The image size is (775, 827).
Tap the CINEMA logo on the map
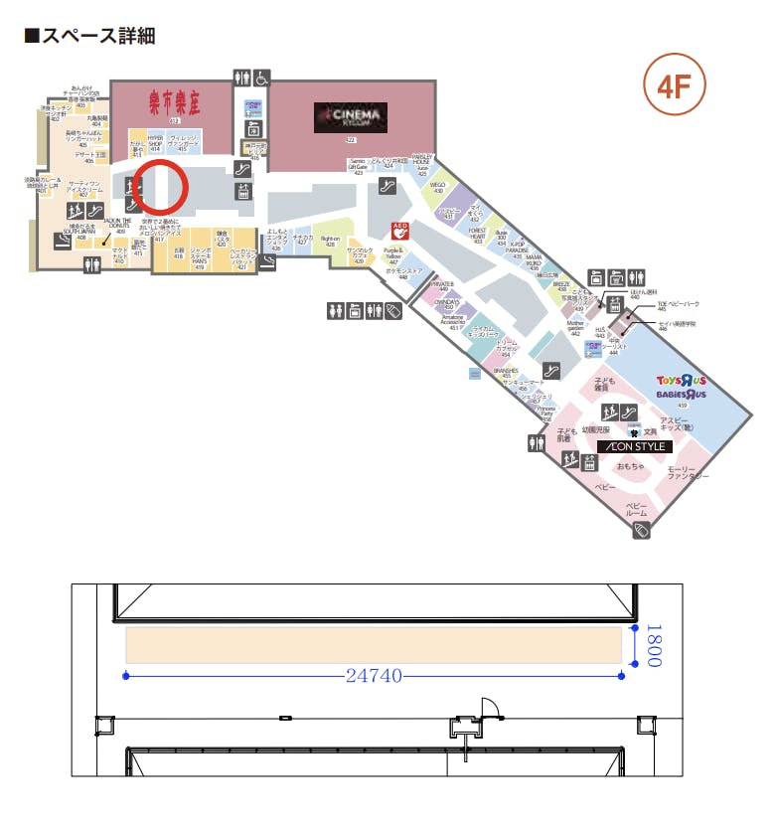(x=350, y=117)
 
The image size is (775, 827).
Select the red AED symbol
(x=401, y=229)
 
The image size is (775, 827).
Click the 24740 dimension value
(x=374, y=676)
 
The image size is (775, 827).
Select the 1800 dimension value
(x=654, y=646)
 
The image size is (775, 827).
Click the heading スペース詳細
(x=89, y=37)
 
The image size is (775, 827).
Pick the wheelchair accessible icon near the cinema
(x=261, y=77)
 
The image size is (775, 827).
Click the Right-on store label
(x=330, y=240)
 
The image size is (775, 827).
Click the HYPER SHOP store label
(x=155, y=141)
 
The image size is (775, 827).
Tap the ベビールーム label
(x=637, y=508)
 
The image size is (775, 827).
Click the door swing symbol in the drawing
(x=485, y=708)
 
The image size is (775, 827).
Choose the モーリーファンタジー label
(x=687, y=473)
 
